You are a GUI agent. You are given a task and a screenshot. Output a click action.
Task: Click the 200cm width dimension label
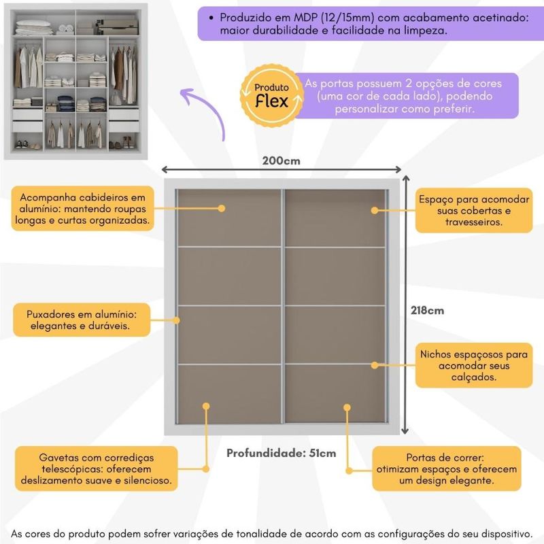pos(281,161)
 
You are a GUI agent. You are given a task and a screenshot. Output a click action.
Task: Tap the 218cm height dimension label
pos(427,310)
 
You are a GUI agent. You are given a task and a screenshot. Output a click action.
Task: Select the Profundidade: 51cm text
pos(281,453)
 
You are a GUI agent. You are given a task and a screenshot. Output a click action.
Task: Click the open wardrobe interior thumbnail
pos(77,80)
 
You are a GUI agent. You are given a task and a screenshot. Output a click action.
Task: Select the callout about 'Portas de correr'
pos(445,469)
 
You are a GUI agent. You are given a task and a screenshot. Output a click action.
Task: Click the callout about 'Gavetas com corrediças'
pos(96,469)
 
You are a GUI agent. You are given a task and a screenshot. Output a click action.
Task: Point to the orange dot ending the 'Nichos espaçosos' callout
pos(374,365)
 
